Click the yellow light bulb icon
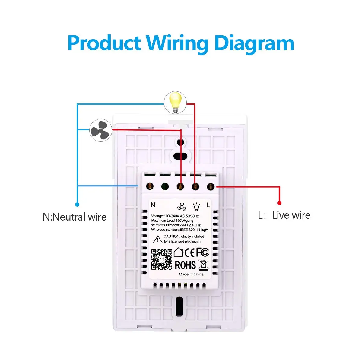click(x=175, y=102)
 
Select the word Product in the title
click(x=104, y=43)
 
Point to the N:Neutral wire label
click(x=75, y=217)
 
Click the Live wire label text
click(x=291, y=215)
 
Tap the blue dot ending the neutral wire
click(x=77, y=205)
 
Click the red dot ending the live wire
click(x=279, y=203)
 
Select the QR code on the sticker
click(x=162, y=259)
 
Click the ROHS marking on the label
click(x=185, y=265)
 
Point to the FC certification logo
click(x=202, y=252)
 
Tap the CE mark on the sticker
click(x=190, y=252)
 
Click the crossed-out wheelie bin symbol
click(x=204, y=265)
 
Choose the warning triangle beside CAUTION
click(x=157, y=240)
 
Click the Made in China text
click(x=191, y=274)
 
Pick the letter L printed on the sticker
click(x=208, y=205)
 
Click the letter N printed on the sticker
click(x=153, y=205)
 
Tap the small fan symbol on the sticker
click(x=181, y=206)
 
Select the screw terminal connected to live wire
click(x=211, y=187)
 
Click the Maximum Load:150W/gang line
click(x=172, y=221)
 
